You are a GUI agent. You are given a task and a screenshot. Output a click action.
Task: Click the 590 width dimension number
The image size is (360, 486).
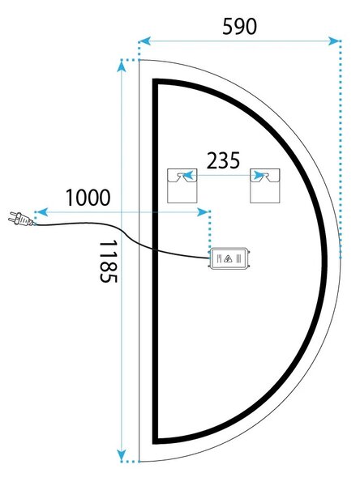239,27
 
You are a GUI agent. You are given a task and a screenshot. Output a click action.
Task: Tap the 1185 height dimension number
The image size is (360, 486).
109,261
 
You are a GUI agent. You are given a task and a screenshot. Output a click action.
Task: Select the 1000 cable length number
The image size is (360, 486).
88,198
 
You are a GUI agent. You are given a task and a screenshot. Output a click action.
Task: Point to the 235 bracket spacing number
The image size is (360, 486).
223,160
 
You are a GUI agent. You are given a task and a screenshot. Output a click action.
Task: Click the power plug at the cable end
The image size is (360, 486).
20,218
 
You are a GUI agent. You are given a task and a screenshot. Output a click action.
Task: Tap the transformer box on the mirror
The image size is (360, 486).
229,258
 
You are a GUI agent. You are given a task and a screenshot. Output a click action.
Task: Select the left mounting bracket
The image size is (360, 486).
182,185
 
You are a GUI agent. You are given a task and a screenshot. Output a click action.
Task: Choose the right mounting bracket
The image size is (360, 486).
265,185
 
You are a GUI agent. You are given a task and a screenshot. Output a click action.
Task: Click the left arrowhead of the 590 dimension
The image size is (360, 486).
145,40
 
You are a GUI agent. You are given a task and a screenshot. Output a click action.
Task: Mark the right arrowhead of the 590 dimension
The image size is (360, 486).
334,40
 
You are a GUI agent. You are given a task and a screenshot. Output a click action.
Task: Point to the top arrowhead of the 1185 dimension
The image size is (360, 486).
122,66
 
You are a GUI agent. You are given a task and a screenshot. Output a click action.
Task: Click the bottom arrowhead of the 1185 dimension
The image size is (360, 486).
122,455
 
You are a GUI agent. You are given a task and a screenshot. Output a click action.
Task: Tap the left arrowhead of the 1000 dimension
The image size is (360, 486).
42,212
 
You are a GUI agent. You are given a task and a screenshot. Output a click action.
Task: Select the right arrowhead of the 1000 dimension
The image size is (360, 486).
203,212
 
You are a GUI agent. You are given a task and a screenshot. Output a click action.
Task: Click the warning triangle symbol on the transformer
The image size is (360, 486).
229,258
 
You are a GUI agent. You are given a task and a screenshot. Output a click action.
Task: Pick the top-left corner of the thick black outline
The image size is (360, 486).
155,81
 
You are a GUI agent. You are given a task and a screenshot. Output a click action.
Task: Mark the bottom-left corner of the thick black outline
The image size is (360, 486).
155,441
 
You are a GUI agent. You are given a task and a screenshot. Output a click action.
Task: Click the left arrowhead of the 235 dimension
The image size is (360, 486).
188,176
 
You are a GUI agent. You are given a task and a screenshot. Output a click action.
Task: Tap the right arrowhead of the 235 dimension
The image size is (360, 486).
259,176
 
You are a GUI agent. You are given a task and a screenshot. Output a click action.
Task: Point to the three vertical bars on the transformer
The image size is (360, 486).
238,258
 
